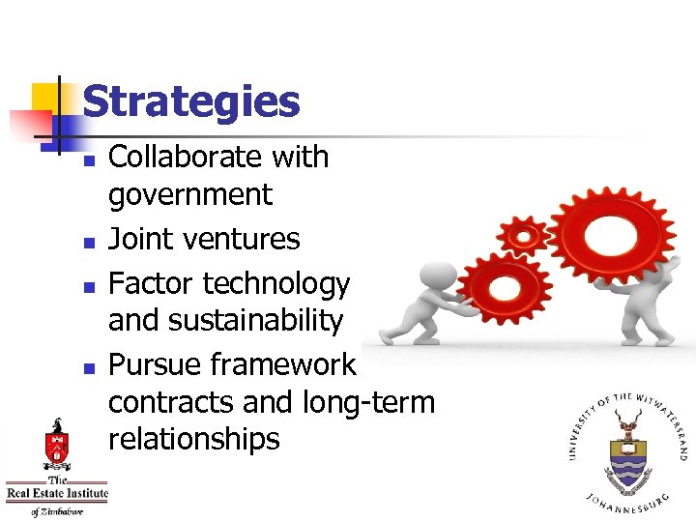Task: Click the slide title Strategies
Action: coord(191,101)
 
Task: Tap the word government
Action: coord(190,194)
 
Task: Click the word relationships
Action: coord(193,439)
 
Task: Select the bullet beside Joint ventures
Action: coord(89,242)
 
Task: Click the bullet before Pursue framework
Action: coord(89,368)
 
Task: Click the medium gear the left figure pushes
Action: coord(504,288)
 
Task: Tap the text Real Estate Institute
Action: coord(56,496)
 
